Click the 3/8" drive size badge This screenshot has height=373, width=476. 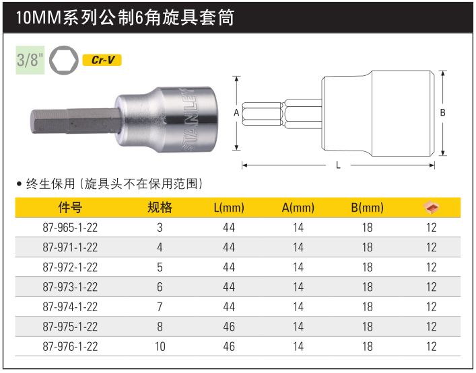pos(30,60)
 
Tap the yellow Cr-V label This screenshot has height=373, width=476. pos(102,60)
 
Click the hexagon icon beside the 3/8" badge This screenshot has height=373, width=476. pos(64,60)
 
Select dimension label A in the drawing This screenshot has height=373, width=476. pos(236,113)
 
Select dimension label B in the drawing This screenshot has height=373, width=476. pos(442,113)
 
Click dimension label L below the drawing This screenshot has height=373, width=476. pos(338,165)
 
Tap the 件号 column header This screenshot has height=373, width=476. pos(70,208)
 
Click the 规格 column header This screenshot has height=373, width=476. pos(160,208)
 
